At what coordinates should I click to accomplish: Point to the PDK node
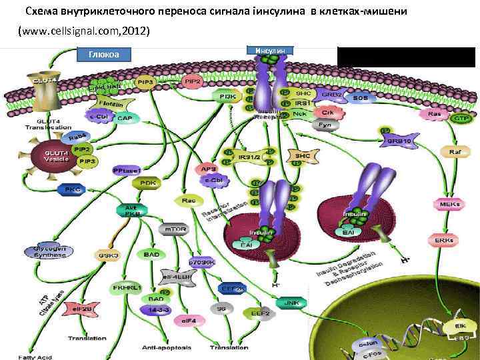147,183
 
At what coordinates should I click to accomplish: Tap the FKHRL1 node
127,288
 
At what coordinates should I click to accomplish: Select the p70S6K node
201,262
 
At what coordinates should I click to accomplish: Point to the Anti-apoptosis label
167,347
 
